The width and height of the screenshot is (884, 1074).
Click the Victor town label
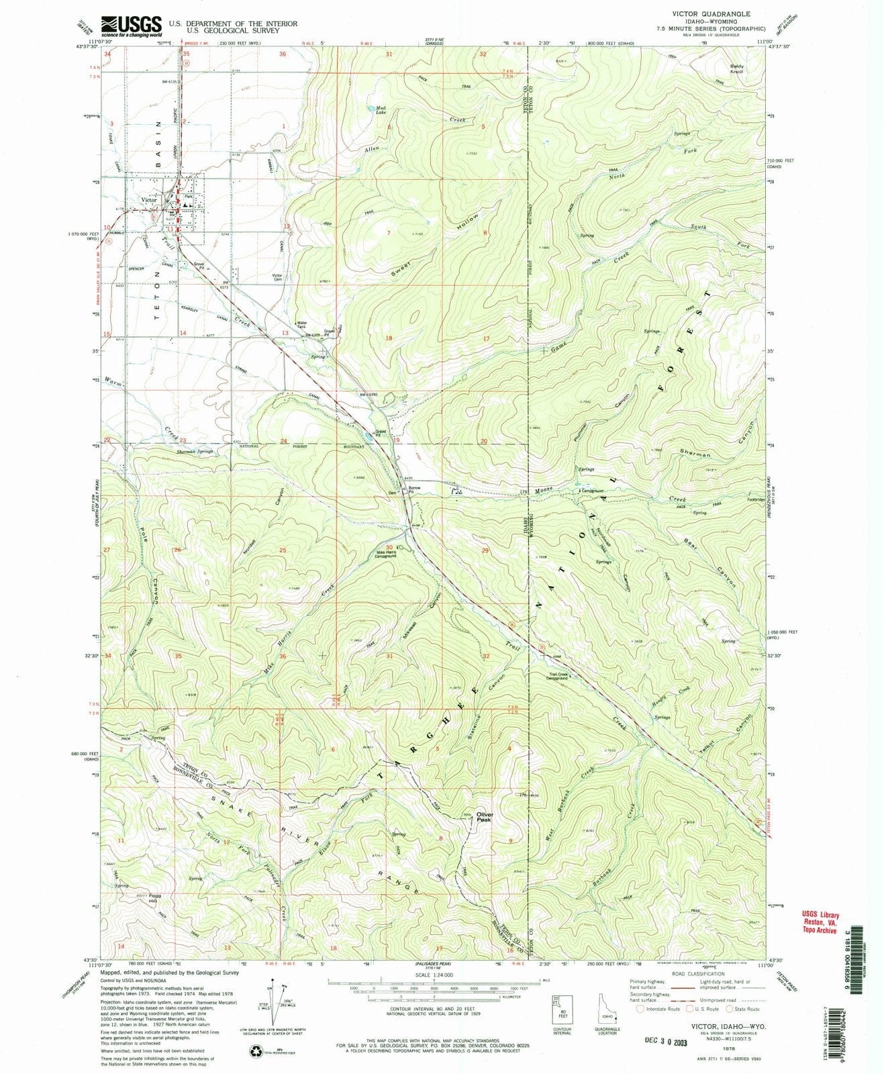coord(148,200)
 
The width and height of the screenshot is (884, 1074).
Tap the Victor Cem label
coord(277,278)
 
